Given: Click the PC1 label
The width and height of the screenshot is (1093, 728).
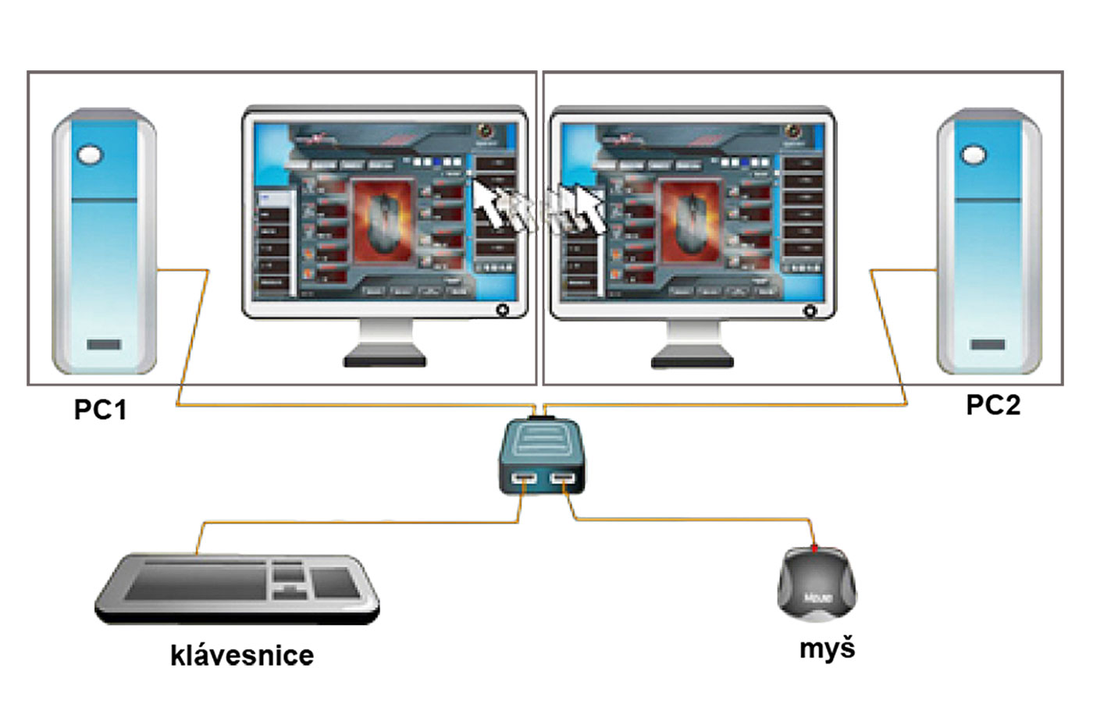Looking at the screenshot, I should coord(100,410).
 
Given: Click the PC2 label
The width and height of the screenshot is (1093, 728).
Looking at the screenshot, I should coord(992,405).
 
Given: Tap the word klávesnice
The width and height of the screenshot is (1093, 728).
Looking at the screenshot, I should coord(242,655).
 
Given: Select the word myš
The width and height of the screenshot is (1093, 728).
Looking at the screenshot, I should coord(827,648).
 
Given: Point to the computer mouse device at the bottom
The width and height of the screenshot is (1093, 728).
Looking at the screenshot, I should coord(817,586).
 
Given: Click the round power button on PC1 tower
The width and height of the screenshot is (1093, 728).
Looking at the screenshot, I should coord(90,154).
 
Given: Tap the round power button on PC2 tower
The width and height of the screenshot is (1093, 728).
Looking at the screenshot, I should coord(974,154).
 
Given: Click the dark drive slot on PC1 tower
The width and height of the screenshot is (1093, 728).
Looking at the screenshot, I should coord(104,344).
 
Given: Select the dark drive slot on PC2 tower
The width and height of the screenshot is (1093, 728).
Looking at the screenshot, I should coord(988,344).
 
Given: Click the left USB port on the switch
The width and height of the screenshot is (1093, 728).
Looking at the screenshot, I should coord(524,478).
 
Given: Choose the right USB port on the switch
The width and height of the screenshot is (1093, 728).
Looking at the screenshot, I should coord(562,478).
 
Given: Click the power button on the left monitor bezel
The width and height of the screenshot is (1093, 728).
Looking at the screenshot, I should coord(502,310).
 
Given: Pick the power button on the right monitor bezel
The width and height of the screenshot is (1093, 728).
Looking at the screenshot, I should coord(810,311).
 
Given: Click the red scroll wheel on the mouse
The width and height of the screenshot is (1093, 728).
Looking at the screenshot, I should coord(815,549).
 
